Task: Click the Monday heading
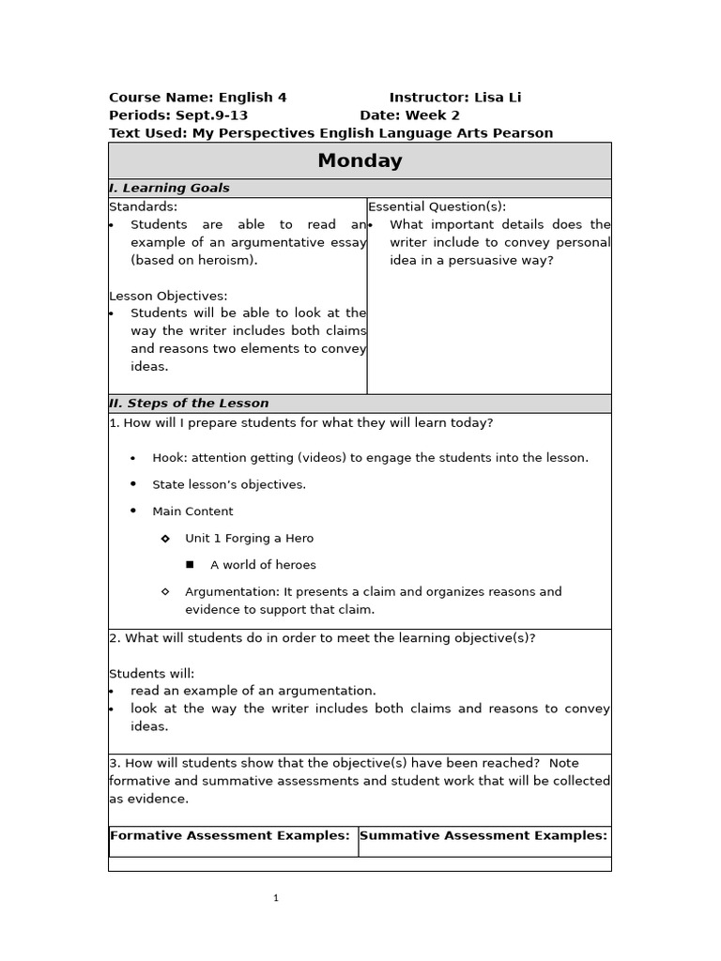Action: pos(360,160)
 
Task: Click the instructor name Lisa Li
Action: pos(499,98)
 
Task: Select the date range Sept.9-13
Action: pos(211,115)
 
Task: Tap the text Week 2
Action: pos(432,115)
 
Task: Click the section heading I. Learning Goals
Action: pos(169,188)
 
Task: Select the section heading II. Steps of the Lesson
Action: pos(189,404)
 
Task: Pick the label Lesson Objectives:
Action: pos(168,296)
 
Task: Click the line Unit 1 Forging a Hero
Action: pos(249,539)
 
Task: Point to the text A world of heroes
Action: pos(263,565)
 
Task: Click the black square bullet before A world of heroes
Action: pos(190,565)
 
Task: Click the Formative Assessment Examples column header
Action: pos(230,835)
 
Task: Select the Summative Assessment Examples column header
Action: pos(483,835)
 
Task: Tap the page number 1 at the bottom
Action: pos(276,898)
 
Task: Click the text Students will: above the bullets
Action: pos(152,674)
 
